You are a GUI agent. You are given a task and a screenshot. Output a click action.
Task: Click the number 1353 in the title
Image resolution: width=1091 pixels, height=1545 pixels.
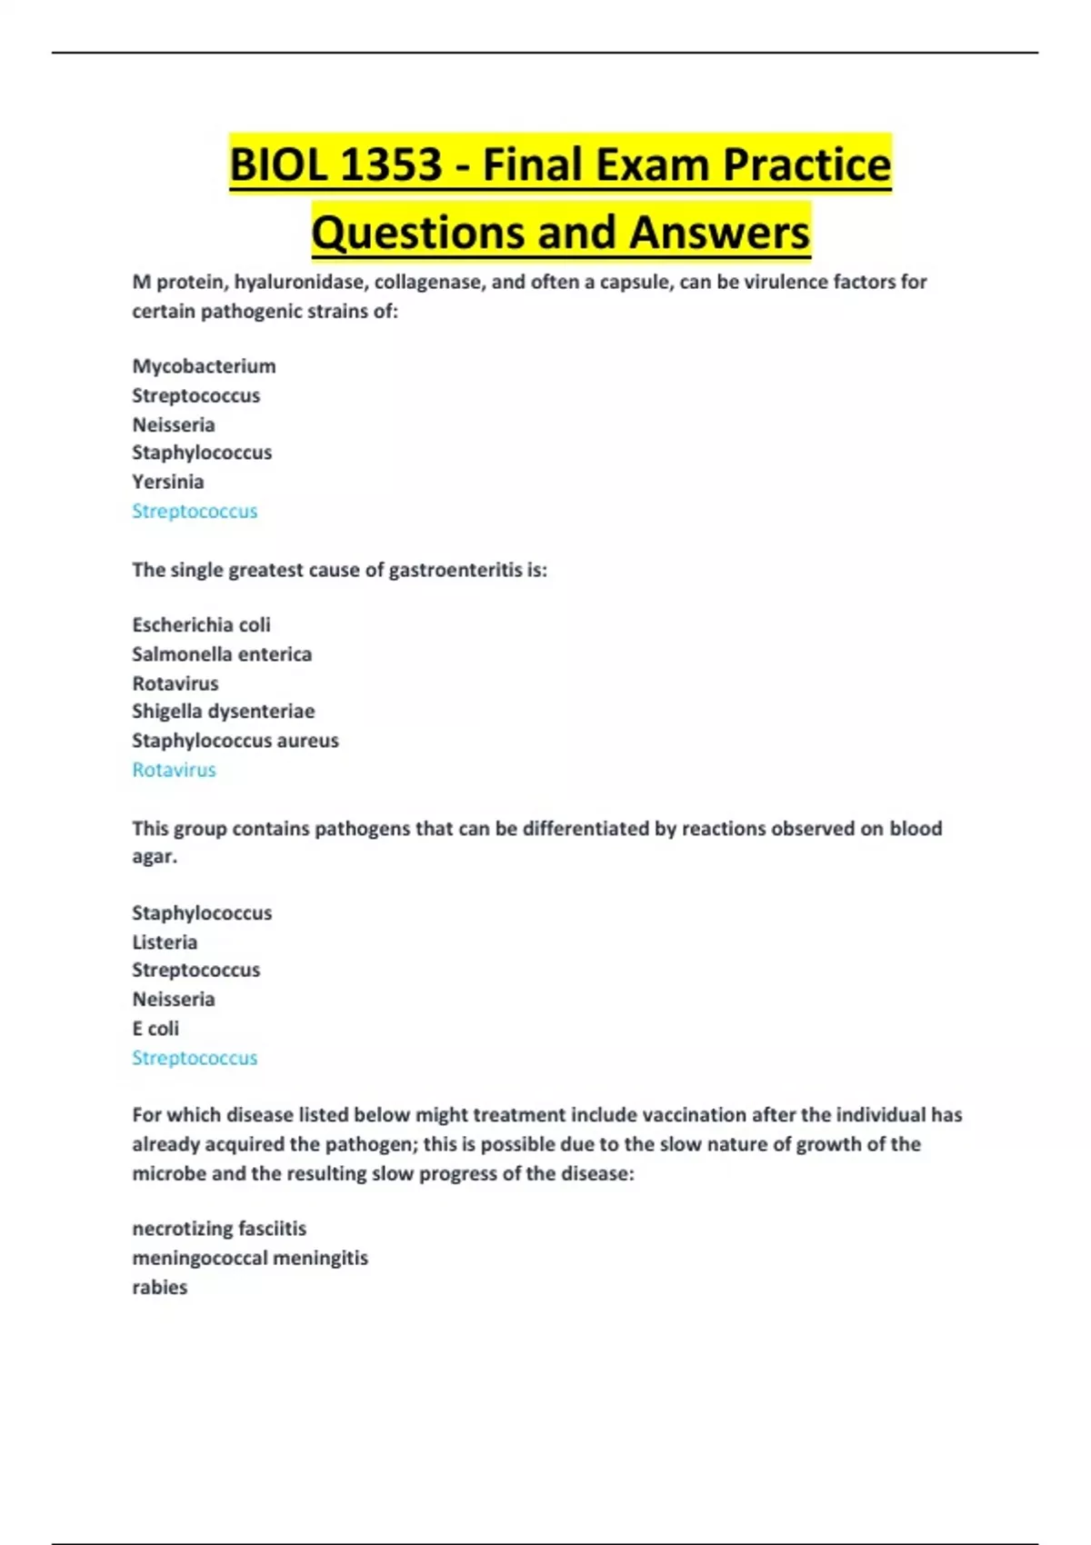point(391,165)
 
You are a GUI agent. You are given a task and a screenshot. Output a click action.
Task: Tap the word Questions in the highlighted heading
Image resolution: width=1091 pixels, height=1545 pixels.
point(417,233)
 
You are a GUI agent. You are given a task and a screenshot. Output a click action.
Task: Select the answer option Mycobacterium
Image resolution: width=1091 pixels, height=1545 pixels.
point(204,366)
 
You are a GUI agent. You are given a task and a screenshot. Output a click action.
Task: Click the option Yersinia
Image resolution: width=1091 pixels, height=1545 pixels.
point(167,482)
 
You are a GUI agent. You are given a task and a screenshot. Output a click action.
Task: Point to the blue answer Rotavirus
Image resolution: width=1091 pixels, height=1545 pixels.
point(174,770)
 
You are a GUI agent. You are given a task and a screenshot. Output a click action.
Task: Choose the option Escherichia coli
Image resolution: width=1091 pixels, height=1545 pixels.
point(201,625)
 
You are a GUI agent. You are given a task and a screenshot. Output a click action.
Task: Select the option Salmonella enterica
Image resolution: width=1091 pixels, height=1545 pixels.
point(222,654)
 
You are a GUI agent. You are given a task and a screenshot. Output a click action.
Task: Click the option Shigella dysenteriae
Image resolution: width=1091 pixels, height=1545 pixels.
point(223,712)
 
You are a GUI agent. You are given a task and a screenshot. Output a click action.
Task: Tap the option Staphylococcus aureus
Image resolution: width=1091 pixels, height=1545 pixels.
point(235,741)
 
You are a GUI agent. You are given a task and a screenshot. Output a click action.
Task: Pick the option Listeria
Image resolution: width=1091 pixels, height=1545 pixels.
point(165,942)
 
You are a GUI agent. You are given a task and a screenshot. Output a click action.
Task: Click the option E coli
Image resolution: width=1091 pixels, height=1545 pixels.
point(155,1029)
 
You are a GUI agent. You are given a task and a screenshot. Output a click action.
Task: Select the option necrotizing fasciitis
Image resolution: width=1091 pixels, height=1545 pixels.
point(219,1229)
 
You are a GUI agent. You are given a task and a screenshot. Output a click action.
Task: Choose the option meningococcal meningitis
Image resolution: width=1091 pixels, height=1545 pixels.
point(250,1258)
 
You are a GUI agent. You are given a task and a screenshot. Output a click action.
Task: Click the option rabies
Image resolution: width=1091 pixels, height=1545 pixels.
point(159,1287)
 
